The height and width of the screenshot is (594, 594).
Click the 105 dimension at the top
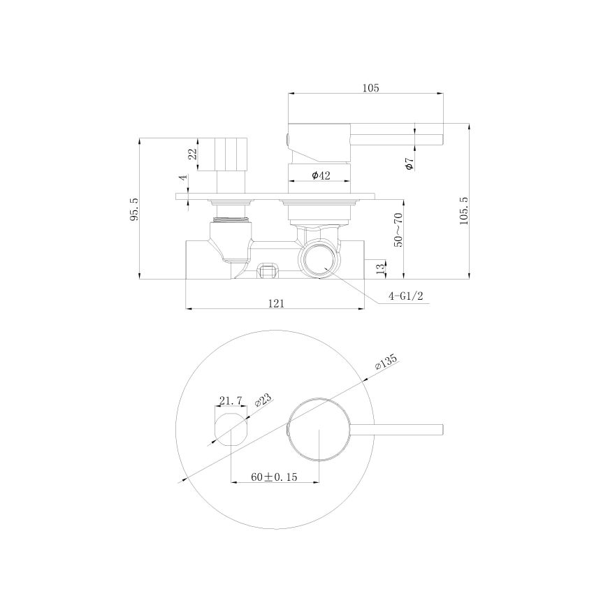tap(370, 87)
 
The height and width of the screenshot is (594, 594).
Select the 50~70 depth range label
tap(398, 230)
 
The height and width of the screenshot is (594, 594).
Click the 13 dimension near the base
tap(379, 268)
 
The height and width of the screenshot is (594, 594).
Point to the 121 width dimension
tap(276, 303)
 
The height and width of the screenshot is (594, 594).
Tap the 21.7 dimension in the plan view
tap(230, 400)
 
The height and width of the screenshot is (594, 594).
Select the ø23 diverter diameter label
tap(263, 402)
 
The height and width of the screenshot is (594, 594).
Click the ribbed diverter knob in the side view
tap(231, 154)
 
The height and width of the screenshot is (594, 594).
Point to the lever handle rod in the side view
tap(398, 136)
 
